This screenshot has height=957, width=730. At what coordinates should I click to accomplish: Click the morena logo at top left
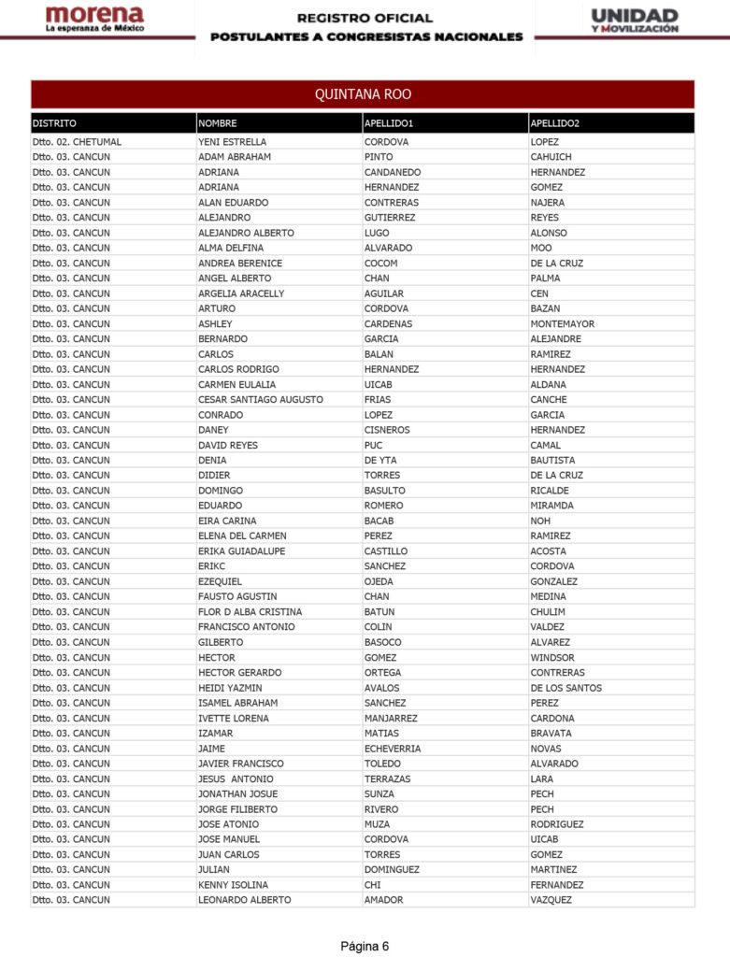point(94,19)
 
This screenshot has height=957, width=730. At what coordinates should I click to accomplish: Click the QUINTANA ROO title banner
point(363,94)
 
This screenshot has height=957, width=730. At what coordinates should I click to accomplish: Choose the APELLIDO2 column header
point(554,123)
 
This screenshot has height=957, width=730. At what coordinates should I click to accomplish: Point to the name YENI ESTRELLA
point(232,142)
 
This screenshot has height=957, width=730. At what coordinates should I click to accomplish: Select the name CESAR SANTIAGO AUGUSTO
point(261,400)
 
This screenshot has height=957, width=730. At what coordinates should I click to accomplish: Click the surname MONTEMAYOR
point(562,324)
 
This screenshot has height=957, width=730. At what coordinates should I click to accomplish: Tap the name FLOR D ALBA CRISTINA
point(250,612)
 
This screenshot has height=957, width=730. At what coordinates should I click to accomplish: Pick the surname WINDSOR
point(552,658)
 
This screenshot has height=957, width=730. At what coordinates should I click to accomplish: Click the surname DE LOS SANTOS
point(565,688)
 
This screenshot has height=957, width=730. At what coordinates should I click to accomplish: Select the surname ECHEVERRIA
point(393,749)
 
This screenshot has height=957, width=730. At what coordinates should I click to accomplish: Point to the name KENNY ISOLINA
point(233,885)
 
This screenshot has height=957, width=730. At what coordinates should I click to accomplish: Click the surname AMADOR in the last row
point(384,900)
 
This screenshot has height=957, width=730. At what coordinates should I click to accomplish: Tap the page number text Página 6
point(365,946)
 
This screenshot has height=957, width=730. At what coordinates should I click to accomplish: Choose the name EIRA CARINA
point(227,521)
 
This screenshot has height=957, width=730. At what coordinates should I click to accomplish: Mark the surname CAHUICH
point(551,157)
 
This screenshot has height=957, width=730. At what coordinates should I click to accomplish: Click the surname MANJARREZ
point(391,719)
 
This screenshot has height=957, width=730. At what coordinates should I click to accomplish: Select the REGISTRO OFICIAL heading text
point(365,18)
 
